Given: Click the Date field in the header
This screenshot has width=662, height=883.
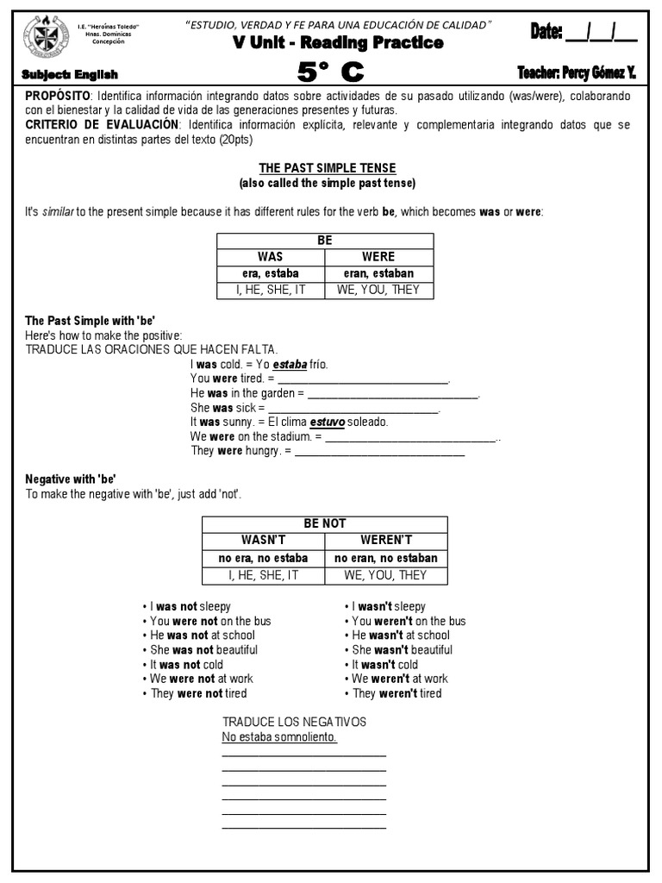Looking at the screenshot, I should click(x=584, y=32).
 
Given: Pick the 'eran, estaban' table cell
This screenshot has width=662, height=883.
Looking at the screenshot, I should click(x=378, y=273).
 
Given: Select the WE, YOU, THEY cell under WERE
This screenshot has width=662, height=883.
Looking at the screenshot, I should click(x=378, y=290).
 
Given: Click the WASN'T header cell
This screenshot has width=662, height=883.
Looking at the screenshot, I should click(x=263, y=541).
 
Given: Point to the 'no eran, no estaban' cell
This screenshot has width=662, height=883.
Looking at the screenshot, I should click(x=385, y=558).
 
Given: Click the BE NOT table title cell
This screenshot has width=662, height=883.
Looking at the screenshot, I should click(x=324, y=524).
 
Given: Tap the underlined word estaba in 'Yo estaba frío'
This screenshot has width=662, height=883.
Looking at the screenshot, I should click(x=290, y=364).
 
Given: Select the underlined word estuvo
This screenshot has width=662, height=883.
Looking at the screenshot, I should click(x=328, y=423).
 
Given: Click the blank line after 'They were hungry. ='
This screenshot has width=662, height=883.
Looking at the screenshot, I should click(x=379, y=452).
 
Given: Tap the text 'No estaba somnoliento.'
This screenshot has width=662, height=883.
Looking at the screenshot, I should click(x=279, y=738).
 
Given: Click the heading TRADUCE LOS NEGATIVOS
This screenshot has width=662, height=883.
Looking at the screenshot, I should click(x=294, y=722).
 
